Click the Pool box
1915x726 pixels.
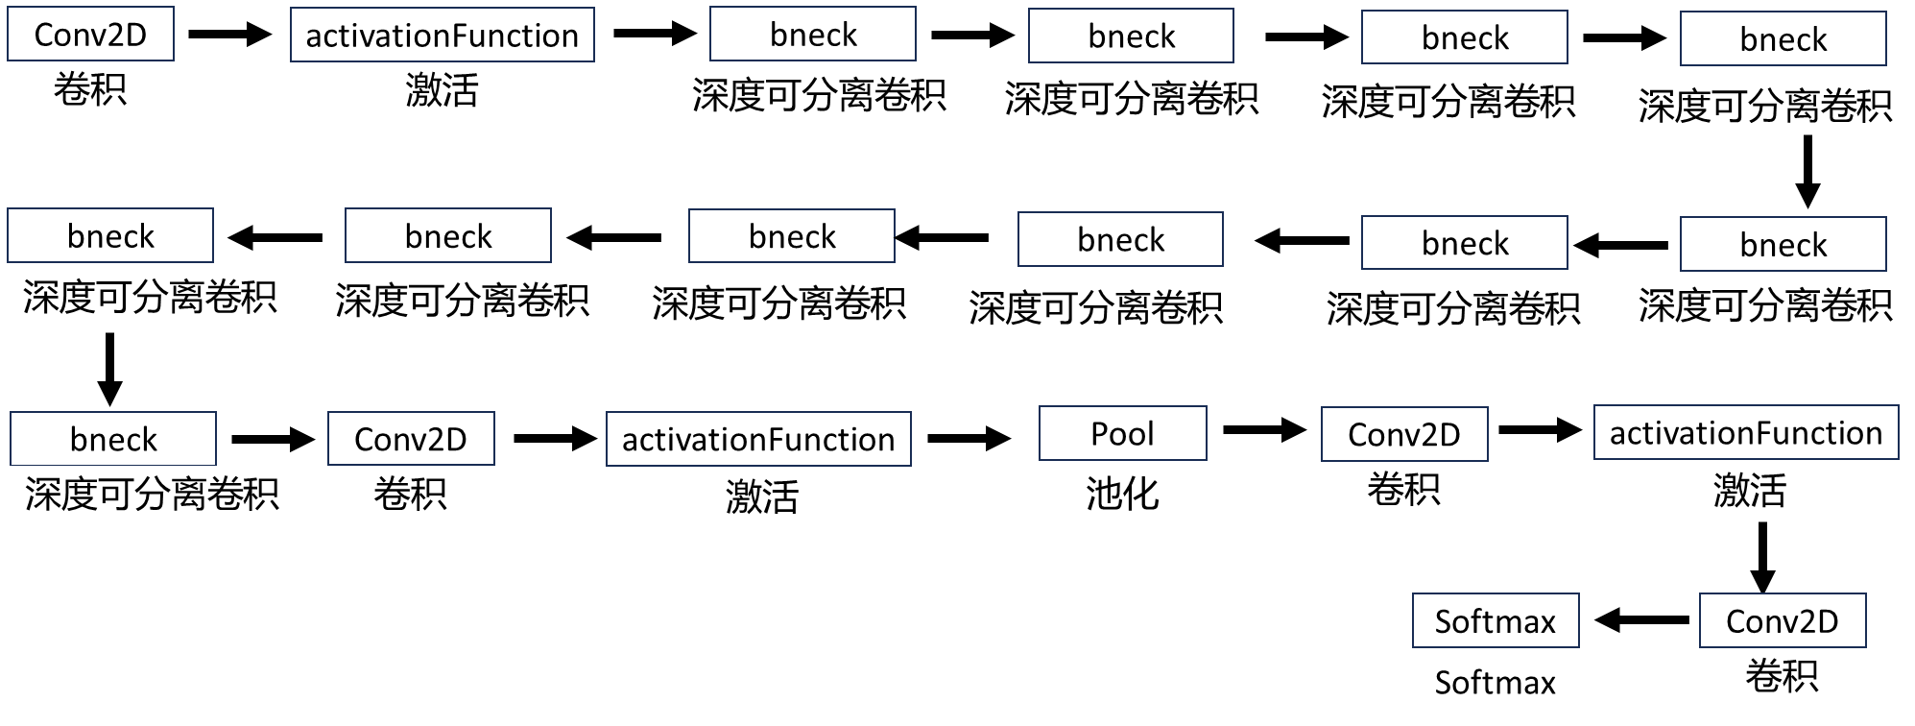click(x=1122, y=433)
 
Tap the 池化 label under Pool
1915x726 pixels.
click(x=1122, y=494)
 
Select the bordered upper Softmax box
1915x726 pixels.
click(x=1495, y=621)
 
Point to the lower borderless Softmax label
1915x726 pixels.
click(x=1495, y=683)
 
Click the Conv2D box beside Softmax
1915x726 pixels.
click(x=1782, y=621)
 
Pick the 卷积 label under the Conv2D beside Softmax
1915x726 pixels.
click(x=1782, y=676)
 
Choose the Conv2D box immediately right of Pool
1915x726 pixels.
click(x=1403, y=434)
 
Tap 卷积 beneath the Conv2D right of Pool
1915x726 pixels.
click(x=1403, y=489)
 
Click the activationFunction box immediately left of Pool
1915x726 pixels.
click(x=758, y=439)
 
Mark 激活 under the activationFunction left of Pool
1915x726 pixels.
click(x=762, y=497)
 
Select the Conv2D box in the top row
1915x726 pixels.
click(x=90, y=35)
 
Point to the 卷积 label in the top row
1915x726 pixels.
click(x=90, y=90)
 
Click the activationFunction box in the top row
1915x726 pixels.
click(x=442, y=36)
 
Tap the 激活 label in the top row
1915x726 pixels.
click(x=442, y=91)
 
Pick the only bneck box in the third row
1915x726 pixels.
click(x=113, y=439)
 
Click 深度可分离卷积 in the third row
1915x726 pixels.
click(x=152, y=494)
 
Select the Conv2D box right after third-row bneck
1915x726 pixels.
click(x=410, y=439)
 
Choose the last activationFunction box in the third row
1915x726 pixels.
click(x=1745, y=433)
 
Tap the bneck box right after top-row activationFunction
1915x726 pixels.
click(x=812, y=35)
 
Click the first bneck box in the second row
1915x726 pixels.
click(x=110, y=236)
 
